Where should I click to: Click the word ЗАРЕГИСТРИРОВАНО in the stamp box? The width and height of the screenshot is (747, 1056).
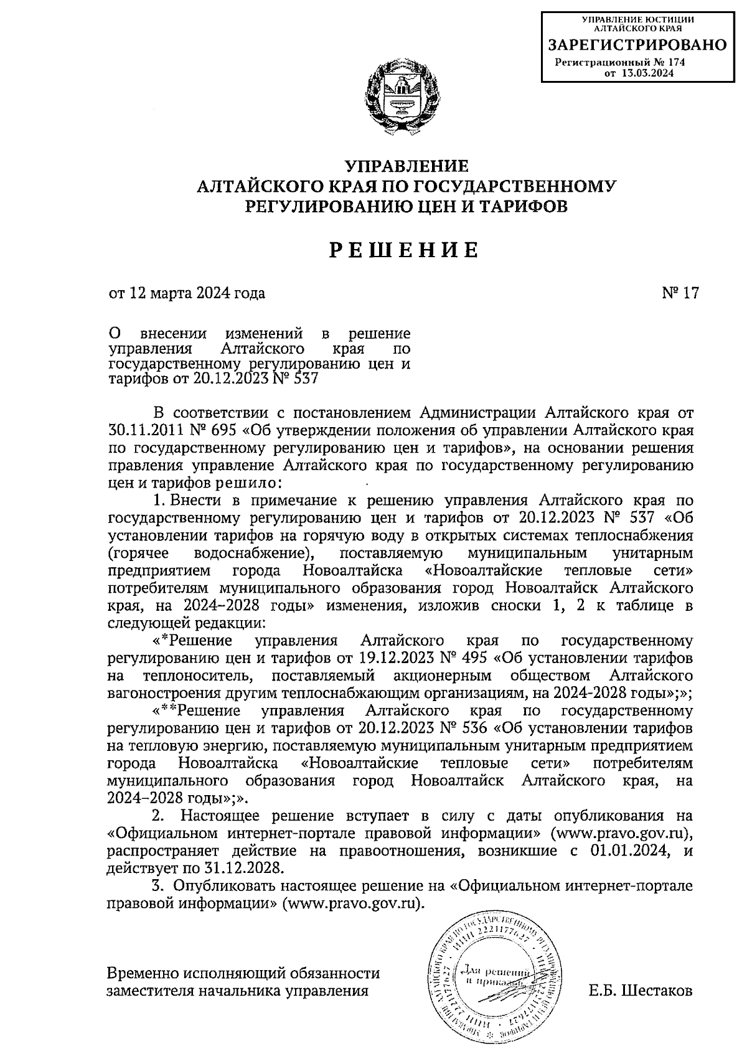click(637, 45)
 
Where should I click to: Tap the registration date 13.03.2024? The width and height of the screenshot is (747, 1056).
click(647, 73)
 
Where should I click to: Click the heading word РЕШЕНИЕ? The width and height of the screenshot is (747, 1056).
click(403, 250)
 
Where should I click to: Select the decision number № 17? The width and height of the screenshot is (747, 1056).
click(680, 293)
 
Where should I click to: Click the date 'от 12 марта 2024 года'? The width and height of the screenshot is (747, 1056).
click(187, 293)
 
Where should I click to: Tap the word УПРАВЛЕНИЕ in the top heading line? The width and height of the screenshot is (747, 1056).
click(406, 166)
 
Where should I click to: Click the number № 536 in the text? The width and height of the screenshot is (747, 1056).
click(461, 728)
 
